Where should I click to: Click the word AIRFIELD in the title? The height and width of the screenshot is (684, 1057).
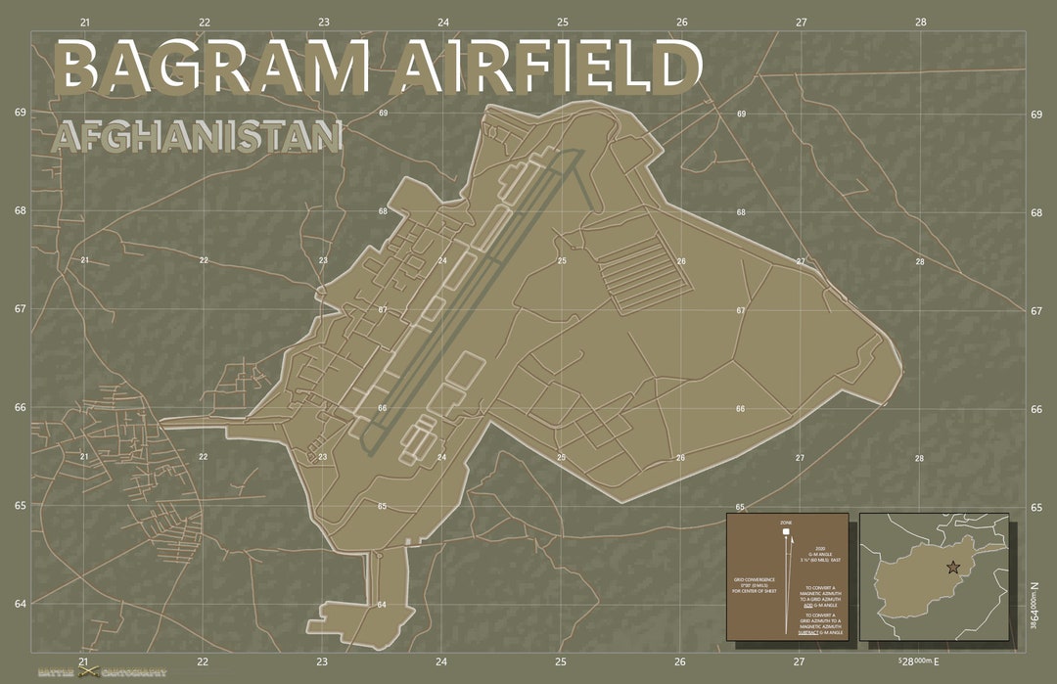[549, 67]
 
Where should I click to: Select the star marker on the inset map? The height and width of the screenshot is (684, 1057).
[953, 567]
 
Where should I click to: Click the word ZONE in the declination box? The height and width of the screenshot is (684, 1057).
[786, 524]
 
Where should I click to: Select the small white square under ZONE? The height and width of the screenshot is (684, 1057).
[786, 532]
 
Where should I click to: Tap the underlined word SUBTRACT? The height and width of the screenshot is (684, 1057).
[807, 633]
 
